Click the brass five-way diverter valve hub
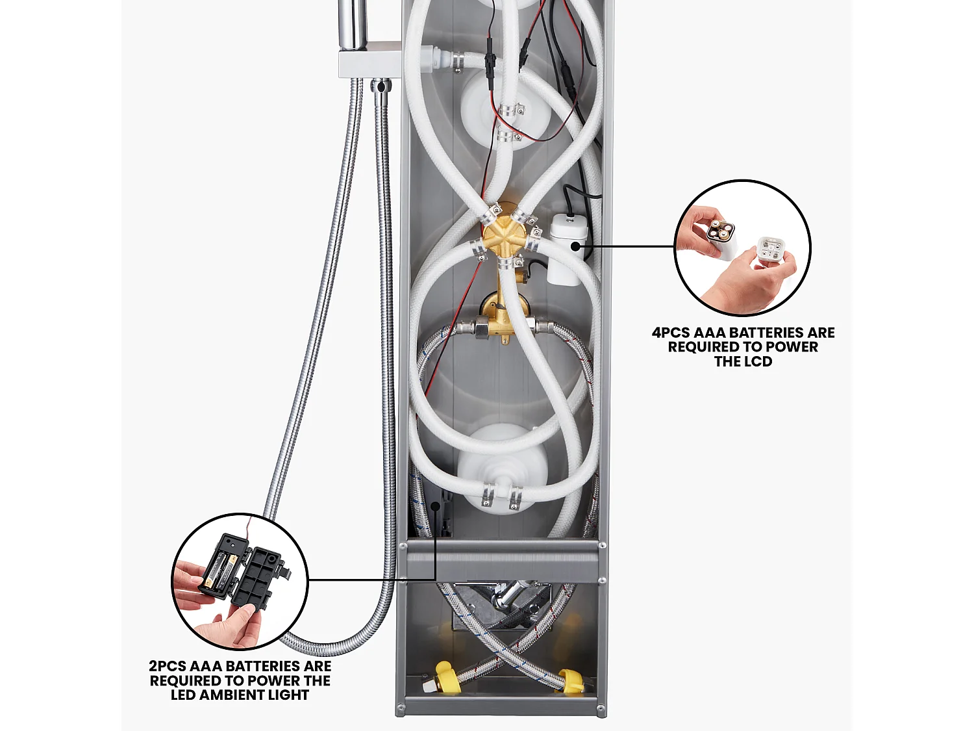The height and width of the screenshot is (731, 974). [505, 236]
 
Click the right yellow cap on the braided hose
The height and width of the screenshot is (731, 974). [569, 681]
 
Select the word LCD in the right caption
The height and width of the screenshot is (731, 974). [758, 362]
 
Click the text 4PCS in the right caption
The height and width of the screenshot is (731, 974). [671, 333]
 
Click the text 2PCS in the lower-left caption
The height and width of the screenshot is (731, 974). [168, 667]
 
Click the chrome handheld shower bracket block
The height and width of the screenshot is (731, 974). [369, 59]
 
